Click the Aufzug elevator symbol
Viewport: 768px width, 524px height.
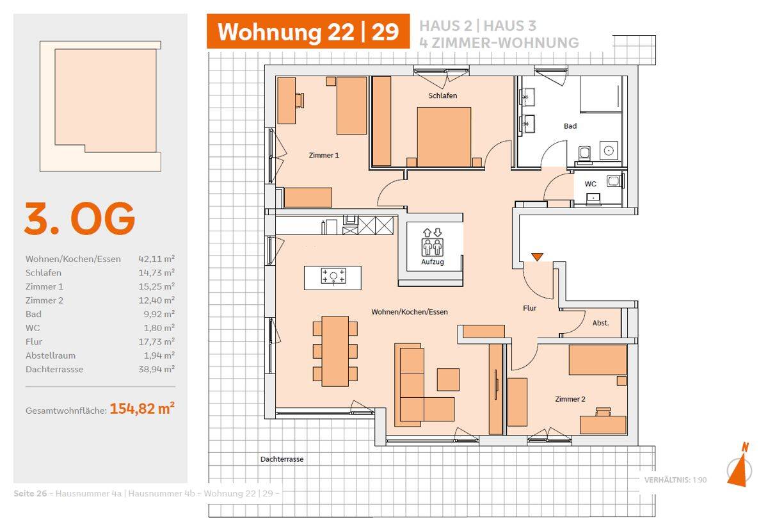(433, 242)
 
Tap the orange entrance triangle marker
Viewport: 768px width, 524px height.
(537, 257)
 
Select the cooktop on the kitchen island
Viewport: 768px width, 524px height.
(333, 276)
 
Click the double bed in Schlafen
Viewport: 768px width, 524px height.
(444, 137)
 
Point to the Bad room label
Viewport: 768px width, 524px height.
(570, 126)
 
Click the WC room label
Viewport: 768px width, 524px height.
(590, 184)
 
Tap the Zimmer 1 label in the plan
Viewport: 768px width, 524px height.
(324, 155)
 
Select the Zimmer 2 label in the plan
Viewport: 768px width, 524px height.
(570, 398)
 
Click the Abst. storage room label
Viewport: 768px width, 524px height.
(601, 323)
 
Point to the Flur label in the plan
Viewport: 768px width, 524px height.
(530, 308)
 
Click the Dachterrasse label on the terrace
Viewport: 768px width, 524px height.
(282, 459)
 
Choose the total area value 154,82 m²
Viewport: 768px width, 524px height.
(142, 408)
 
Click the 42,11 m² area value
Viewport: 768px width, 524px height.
(157, 258)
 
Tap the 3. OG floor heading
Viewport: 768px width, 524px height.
(79, 218)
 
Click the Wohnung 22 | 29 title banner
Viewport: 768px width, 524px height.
(308, 31)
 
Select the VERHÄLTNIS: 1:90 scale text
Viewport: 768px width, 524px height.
(675, 480)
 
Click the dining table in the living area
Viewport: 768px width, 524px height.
(335, 351)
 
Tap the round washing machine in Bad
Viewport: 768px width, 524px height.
(609, 151)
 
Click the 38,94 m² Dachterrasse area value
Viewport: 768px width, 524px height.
(157, 369)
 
